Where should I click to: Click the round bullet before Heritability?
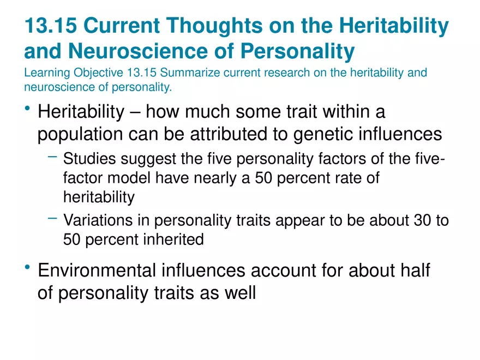28,110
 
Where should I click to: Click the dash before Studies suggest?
52,157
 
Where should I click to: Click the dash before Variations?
52,218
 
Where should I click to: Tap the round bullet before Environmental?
28,267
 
